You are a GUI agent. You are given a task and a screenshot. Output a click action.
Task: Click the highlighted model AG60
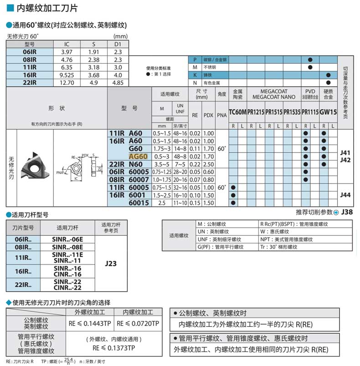(139, 156)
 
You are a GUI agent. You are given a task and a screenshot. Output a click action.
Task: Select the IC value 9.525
(67, 75)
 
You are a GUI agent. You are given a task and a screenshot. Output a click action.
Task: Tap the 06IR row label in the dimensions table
(30, 52)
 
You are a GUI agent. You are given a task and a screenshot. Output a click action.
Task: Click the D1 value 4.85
(118, 82)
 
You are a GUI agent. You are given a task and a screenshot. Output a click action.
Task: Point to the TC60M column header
(237, 112)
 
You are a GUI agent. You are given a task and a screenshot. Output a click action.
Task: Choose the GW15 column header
(328, 112)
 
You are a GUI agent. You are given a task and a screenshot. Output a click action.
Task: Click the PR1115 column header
(310, 112)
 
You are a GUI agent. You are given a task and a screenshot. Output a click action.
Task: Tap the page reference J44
(345, 194)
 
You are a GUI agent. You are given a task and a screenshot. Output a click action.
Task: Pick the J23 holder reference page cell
(111, 263)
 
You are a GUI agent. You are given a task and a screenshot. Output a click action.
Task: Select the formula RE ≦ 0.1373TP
(113, 347)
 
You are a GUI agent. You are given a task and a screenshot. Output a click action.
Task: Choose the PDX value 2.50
(208, 164)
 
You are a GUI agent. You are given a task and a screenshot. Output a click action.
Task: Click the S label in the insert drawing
(94, 156)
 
